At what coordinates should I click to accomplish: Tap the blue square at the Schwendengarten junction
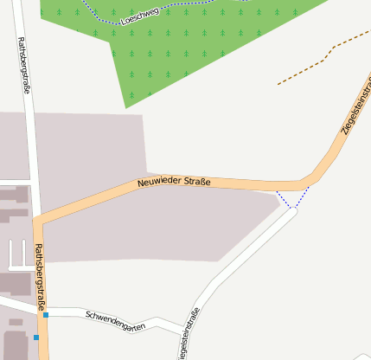(x=46, y=315)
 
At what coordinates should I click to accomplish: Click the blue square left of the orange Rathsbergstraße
(x=36, y=337)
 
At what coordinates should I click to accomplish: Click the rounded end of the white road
(x=291, y=212)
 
